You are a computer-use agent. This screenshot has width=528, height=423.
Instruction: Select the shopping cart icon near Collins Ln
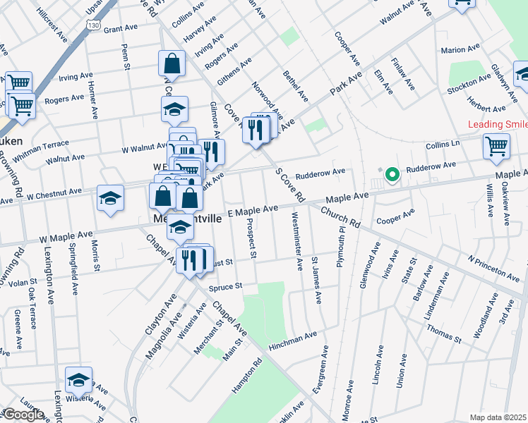496,146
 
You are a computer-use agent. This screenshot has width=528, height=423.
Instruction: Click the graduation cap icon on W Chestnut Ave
111,198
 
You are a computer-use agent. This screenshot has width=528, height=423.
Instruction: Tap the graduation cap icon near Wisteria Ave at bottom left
78,380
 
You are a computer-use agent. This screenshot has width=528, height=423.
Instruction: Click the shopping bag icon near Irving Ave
172,63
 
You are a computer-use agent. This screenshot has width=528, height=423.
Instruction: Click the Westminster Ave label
296,240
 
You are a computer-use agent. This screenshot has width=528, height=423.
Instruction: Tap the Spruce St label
227,287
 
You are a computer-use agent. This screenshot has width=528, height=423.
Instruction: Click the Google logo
23,415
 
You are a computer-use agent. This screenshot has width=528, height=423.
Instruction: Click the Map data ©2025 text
497,417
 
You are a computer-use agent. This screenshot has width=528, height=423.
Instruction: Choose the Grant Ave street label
119,30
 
